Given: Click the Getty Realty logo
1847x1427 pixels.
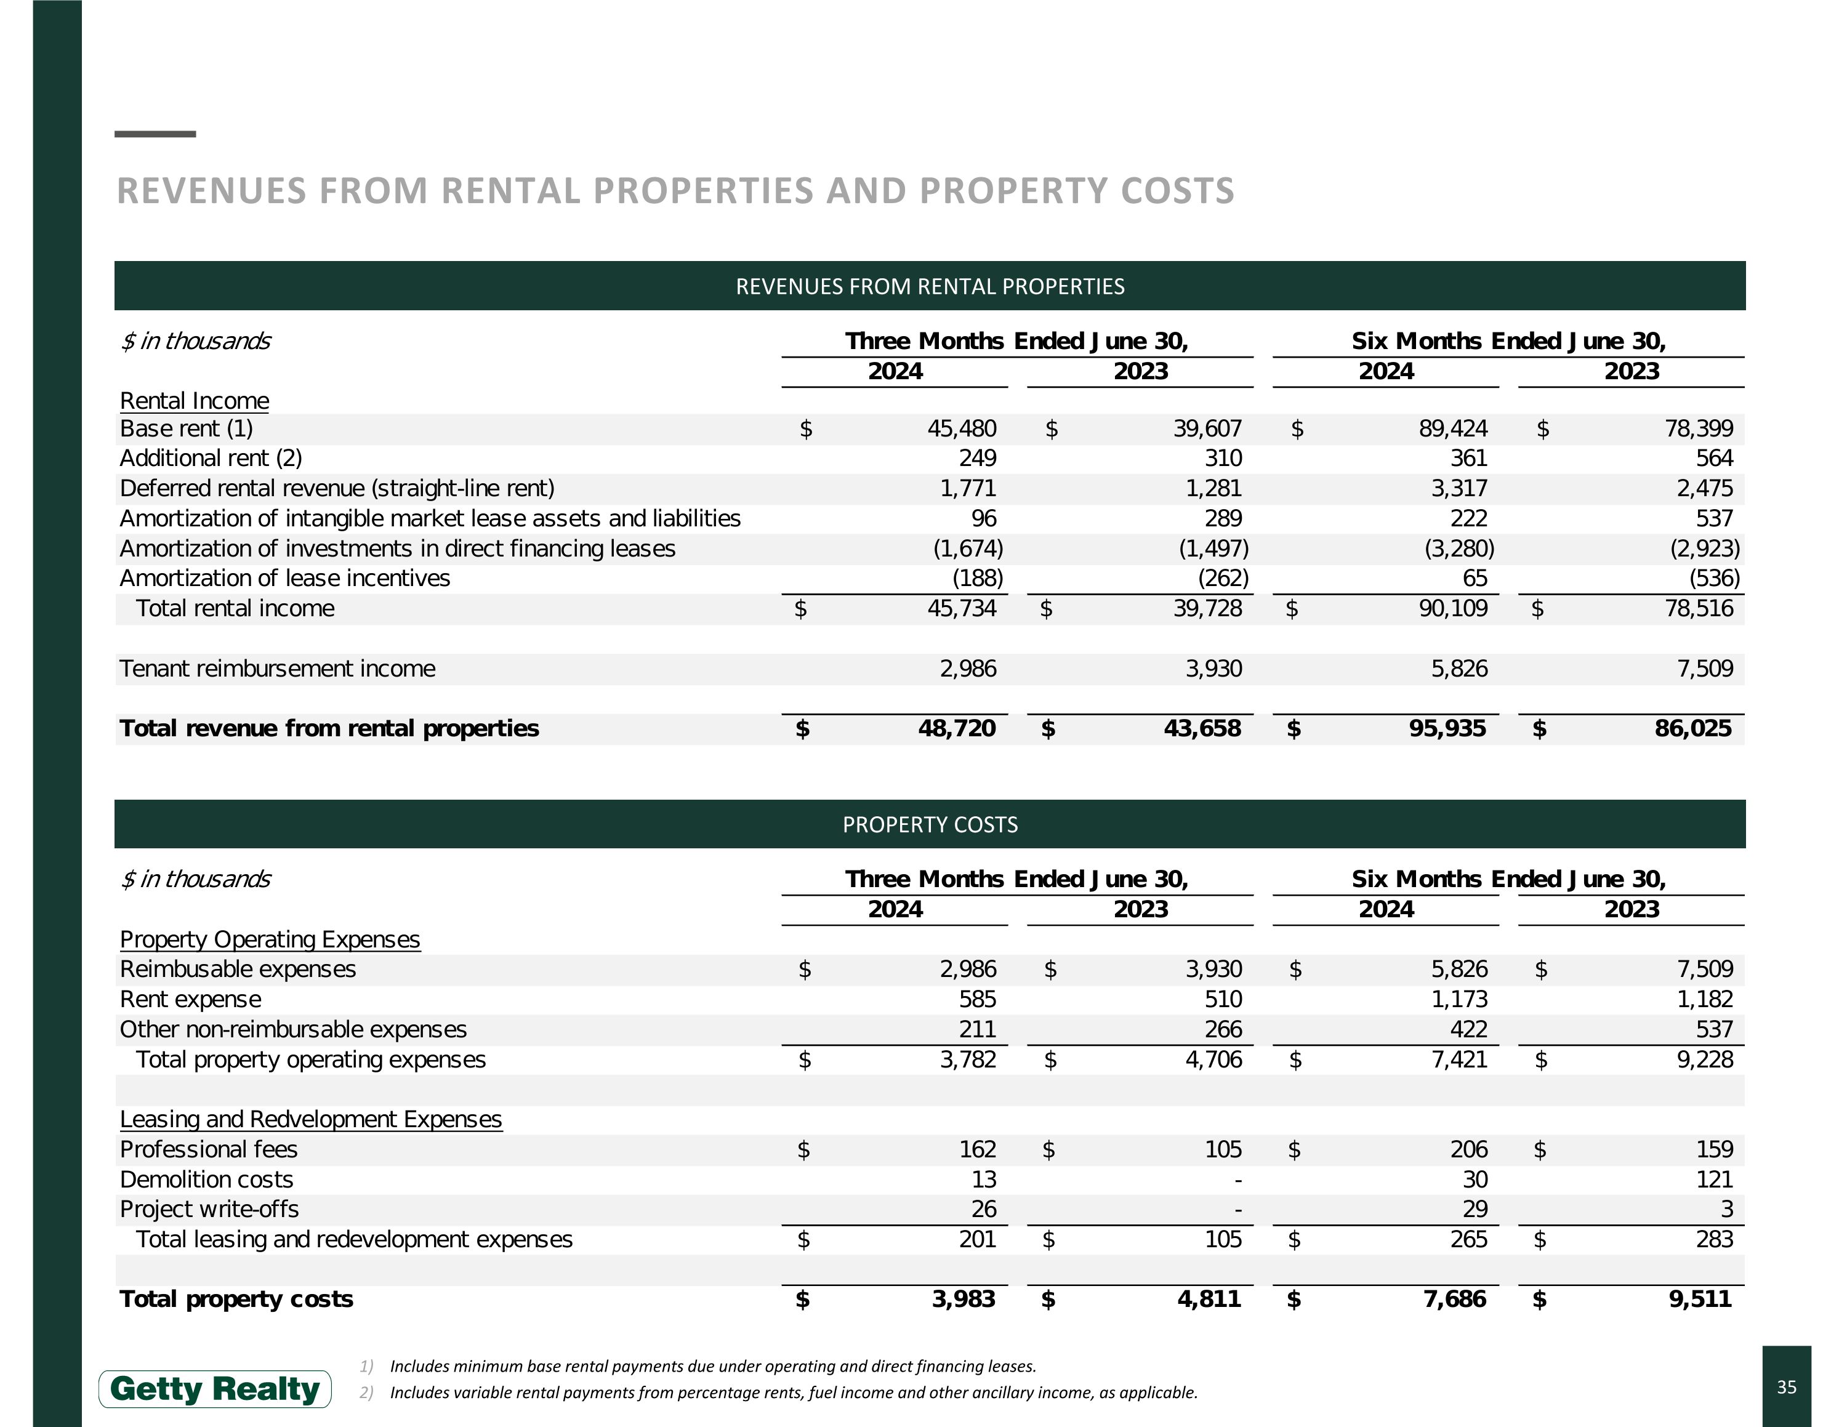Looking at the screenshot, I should tap(215, 1389).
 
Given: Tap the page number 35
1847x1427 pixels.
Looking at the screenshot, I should tap(1786, 1387).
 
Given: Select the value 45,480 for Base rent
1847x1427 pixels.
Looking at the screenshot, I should tap(962, 428).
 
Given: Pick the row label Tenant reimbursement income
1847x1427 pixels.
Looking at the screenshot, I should tap(278, 669).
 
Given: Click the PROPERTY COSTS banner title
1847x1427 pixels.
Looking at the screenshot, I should tap(930, 824).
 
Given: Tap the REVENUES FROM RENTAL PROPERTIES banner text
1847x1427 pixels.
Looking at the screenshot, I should tap(930, 287).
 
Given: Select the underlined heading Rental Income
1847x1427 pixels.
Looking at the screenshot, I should tap(195, 401).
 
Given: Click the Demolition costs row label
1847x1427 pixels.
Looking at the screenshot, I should tap(206, 1180).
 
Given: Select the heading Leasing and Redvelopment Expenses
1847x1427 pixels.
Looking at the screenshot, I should tap(310, 1119).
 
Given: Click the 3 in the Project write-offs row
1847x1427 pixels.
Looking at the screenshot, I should tap(1726, 1210).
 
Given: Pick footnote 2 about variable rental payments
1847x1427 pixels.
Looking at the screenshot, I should tap(792, 1393).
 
